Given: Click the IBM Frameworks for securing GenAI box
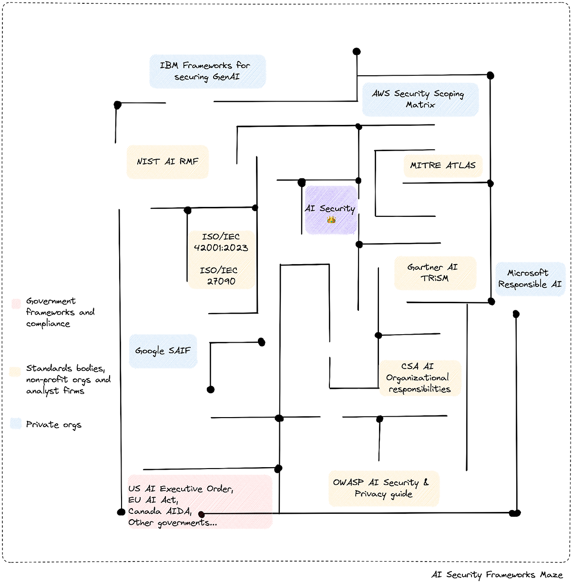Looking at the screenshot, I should (207, 71).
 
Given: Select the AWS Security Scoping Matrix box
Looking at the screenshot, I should (420, 99).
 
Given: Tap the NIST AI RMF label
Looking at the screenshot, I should (167, 162).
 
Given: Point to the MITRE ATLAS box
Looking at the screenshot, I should (443, 165).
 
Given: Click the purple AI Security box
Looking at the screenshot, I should (330, 209).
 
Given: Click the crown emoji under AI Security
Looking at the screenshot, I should (331, 220).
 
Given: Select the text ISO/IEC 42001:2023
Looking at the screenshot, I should (221, 242).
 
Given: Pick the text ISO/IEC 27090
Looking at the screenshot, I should (221, 276).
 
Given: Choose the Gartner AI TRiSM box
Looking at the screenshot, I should (435, 273).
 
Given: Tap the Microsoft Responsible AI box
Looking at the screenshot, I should (530, 278).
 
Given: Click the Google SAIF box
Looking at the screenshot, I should (163, 351).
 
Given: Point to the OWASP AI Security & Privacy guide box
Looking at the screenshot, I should (383, 488).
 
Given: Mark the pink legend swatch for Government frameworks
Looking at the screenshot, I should (16, 303).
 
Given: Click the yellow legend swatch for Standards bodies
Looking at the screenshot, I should (16, 371).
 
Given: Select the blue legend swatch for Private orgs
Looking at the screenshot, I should (16, 424).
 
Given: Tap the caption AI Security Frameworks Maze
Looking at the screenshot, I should (497, 575).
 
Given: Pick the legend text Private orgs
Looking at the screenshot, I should (53, 425).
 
